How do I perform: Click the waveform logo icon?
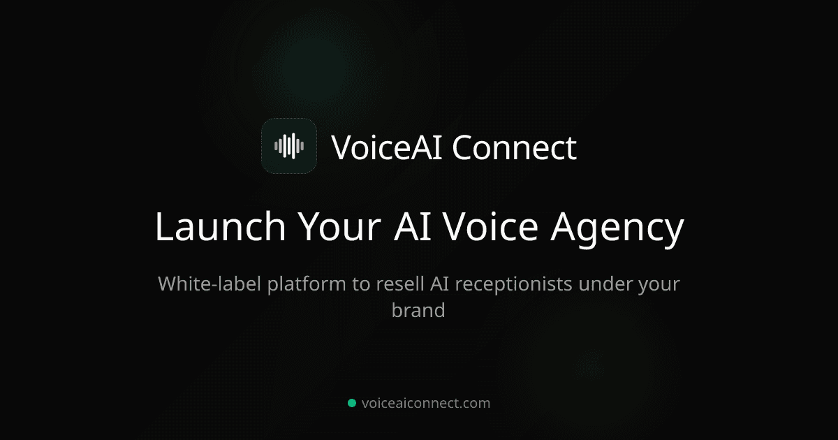289,146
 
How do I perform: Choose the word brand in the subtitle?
418,310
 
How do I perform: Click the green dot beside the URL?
352,403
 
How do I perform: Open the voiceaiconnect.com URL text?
426,403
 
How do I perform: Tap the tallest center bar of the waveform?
289,146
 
